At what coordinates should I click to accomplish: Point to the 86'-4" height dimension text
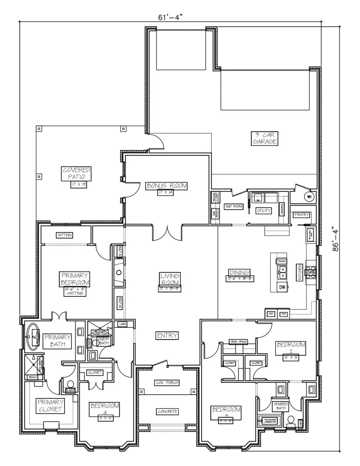pyautogui.click(x=337, y=240)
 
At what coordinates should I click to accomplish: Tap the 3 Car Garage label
pyautogui.click(x=264, y=138)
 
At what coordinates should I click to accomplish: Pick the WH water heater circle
pyautogui.click(x=309, y=196)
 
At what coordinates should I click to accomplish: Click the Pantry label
pyautogui.click(x=302, y=215)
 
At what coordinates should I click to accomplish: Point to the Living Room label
pyautogui.click(x=170, y=279)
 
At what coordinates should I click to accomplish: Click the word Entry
pyautogui.click(x=167, y=335)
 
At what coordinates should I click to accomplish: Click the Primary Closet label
pyautogui.click(x=50, y=405)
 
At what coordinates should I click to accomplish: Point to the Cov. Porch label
pyautogui.click(x=167, y=383)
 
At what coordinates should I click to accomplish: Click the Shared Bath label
pyautogui.click(x=281, y=406)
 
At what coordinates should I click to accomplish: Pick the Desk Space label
pyautogui.click(x=238, y=342)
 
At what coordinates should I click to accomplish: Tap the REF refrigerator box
pyautogui.click(x=271, y=314)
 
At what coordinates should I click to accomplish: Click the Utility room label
pyautogui.click(x=264, y=210)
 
